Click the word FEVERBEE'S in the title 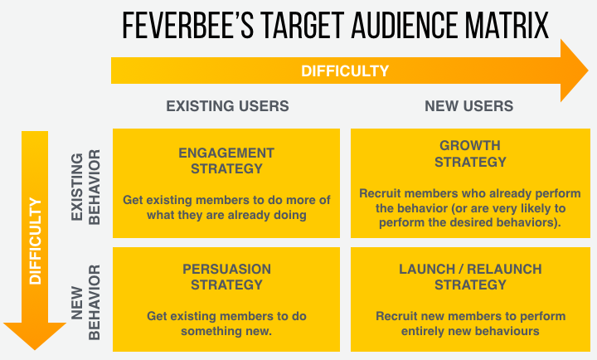tap(188, 25)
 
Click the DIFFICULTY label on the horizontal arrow tap(345, 71)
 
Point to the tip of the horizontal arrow tap(588, 71)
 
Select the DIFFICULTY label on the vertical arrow tap(35, 241)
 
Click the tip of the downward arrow tap(35, 349)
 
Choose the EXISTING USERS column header tap(227, 106)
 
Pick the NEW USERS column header tap(468, 106)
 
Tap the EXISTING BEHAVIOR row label tap(85, 187)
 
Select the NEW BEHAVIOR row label tap(85, 302)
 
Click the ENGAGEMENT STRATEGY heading tap(226, 160)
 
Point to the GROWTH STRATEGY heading tap(470, 153)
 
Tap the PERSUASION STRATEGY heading tap(226, 276)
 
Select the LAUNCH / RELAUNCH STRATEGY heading tap(470, 276)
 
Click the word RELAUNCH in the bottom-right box tap(504, 269)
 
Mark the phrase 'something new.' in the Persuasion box tap(226, 331)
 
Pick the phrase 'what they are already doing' tap(226, 215)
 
